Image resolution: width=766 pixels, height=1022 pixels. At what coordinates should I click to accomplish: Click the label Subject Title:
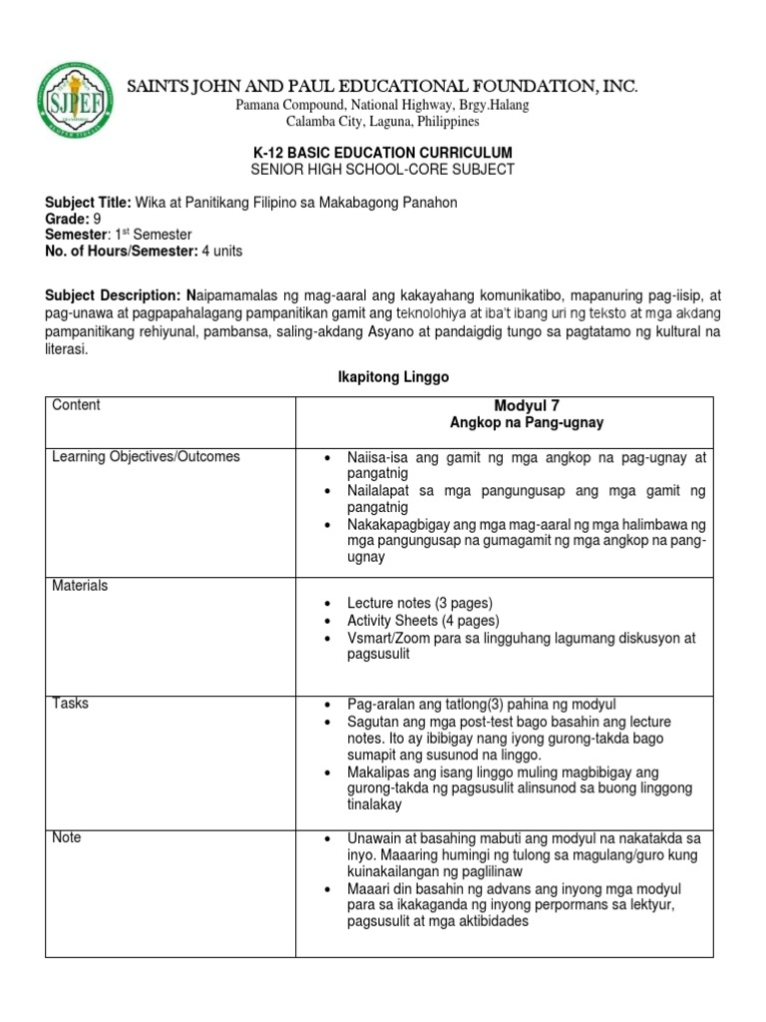tap(88, 203)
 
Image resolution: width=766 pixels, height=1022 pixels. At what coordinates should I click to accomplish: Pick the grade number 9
tap(98, 219)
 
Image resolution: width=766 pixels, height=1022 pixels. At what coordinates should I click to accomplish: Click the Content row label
tap(76, 405)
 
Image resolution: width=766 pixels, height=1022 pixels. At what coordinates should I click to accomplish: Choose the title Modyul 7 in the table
tap(527, 405)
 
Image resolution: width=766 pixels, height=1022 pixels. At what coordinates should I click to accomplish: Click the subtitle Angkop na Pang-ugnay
tap(527, 423)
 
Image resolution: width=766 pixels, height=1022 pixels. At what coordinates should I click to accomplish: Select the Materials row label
tap(80, 586)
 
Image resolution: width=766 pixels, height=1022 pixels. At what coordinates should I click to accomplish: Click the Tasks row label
tap(70, 703)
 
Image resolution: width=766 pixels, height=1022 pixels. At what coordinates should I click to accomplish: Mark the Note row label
tap(67, 837)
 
